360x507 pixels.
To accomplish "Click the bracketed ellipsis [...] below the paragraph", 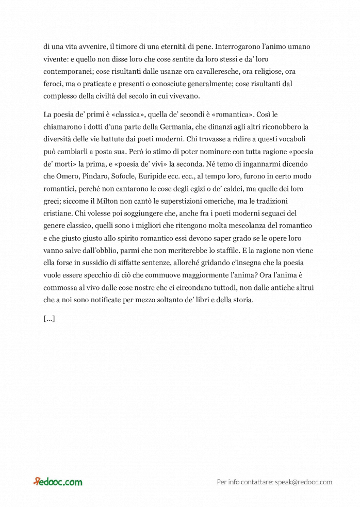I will [x=50, y=318].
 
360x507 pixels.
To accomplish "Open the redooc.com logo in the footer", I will [x=58, y=482].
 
